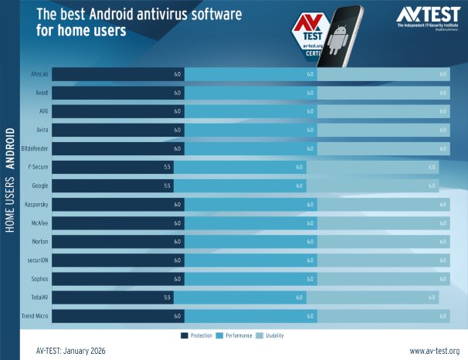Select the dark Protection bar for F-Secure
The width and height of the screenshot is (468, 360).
tap(113, 168)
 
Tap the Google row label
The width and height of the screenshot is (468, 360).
tap(40, 186)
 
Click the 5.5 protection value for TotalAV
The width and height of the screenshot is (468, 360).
tap(167, 297)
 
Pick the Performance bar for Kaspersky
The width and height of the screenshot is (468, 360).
tap(251, 205)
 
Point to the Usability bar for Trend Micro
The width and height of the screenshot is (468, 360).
tap(383, 316)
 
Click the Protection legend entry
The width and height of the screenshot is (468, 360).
tap(196, 336)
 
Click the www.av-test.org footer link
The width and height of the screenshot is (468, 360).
tap(434, 351)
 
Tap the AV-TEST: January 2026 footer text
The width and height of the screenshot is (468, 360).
tap(70, 351)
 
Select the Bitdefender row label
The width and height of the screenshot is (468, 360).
tap(35, 149)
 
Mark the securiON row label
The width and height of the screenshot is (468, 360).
tap(38, 260)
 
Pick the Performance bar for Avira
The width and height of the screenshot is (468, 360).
tap(251, 131)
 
